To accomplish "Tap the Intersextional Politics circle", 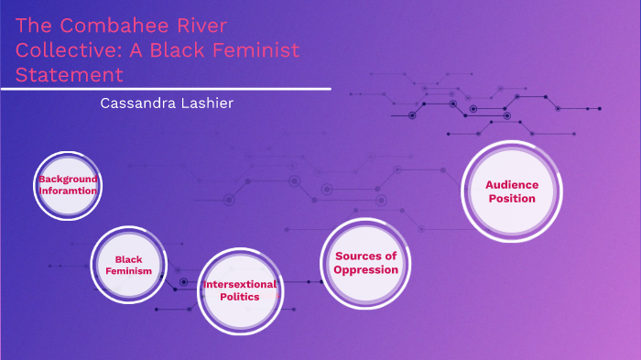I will pyautogui.click(x=240, y=290).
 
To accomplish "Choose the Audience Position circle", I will pyautogui.click(x=512, y=191).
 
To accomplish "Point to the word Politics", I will pyautogui.click(x=240, y=298).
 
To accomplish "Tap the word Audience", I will pyautogui.click(x=512, y=184).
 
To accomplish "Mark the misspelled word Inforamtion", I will pyautogui.click(x=68, y=191).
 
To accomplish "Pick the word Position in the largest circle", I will pyautogui.click(x=512, y=198).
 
